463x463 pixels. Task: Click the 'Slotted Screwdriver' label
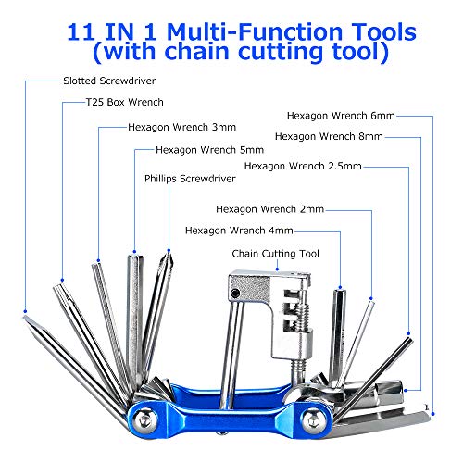point(109,81)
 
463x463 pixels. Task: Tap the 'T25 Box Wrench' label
point(125,102)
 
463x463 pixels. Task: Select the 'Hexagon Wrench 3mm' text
point(181,127)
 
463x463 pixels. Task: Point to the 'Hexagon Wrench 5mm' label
point(209,150)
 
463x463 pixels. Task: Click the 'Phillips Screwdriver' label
point(190,179)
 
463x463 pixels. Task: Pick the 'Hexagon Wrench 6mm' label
point(341,116)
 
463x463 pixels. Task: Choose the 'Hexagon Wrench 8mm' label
point(329,136)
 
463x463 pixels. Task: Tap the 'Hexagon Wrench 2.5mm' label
point(303,166)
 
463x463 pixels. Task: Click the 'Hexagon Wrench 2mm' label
point(269,209)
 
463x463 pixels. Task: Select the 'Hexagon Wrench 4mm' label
point(239,231)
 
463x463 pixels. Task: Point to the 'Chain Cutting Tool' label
point(275,254)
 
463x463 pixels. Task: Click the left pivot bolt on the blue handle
point(144,419)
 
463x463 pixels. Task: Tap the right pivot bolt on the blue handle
point(313,419)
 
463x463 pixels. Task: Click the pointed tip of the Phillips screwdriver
point(169,254)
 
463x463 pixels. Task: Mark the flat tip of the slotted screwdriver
point(25,318)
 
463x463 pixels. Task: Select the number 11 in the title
point(81,31)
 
